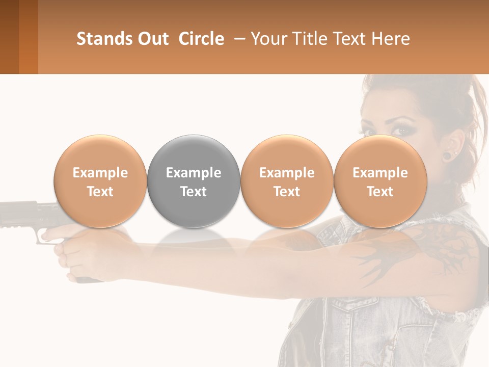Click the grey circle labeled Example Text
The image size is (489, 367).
click(194, 181)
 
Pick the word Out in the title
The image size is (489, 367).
click(152, 39)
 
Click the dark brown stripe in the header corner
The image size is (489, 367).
click(9, 37)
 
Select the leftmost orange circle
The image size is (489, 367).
click(100, 181)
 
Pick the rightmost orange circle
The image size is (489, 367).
click(380, 181)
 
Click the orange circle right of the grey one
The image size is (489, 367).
click(287, 181)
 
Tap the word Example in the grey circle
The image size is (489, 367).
click(194, 173)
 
